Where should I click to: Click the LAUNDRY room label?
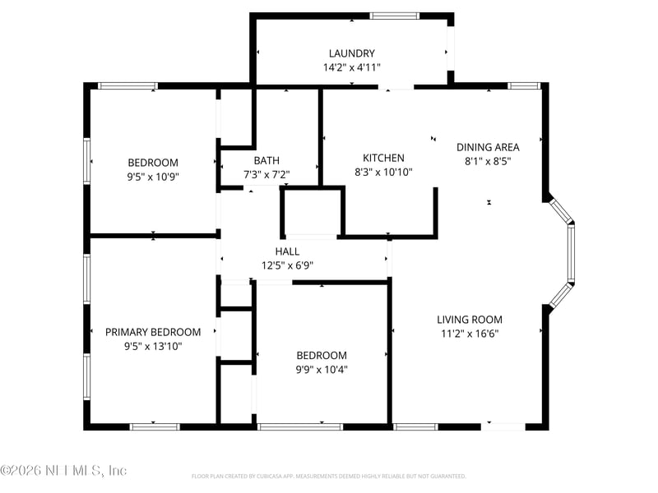click(351, 53)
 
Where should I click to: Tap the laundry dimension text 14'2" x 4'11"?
click(351, 68)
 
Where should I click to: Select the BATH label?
click(266, 160)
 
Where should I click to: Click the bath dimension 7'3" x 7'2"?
click(266, 175)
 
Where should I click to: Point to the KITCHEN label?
click(383, 158)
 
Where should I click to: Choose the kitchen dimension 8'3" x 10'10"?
click(383, 173)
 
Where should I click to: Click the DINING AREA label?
click(488, 147)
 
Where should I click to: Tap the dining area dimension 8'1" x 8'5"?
click(488, 162)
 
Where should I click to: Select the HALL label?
click(287, 251)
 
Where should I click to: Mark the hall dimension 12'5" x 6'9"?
click(287, 265)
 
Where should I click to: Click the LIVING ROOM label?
click(469, 320)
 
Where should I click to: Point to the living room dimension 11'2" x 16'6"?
click(469, 334)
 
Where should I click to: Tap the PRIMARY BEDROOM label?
click(153, 332)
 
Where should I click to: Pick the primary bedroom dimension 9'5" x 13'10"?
click(153, 347)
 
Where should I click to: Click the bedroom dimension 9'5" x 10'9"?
click(153, 177)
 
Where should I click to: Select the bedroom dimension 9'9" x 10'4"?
click(322, 370)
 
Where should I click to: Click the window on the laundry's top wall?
click(394, 15)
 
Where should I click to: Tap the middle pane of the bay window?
click(571, 255)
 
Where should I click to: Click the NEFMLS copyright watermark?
click(63, 471)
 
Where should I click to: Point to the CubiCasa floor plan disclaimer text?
click(329, 476)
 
